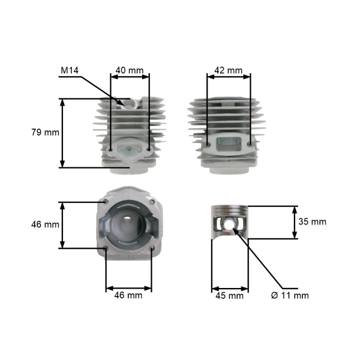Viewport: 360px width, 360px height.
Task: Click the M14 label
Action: coord(70,71)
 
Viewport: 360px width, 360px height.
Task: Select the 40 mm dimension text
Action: coord(129,71)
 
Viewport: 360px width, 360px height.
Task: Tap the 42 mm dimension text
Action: coord(227,71)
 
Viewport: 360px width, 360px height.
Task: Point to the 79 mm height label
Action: coord(46,132)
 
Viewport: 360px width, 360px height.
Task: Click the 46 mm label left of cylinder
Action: coord(45,225)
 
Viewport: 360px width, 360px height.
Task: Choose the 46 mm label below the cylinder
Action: coord(128,295)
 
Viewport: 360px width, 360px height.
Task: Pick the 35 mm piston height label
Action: coord(312,221)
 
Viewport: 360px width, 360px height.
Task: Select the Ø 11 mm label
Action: coord(290,295)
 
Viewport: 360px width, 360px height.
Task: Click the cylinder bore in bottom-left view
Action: coord(128,225)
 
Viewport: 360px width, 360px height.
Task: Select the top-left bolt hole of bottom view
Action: coord(106,202)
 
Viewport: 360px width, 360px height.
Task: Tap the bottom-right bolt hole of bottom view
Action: coord(151,248)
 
